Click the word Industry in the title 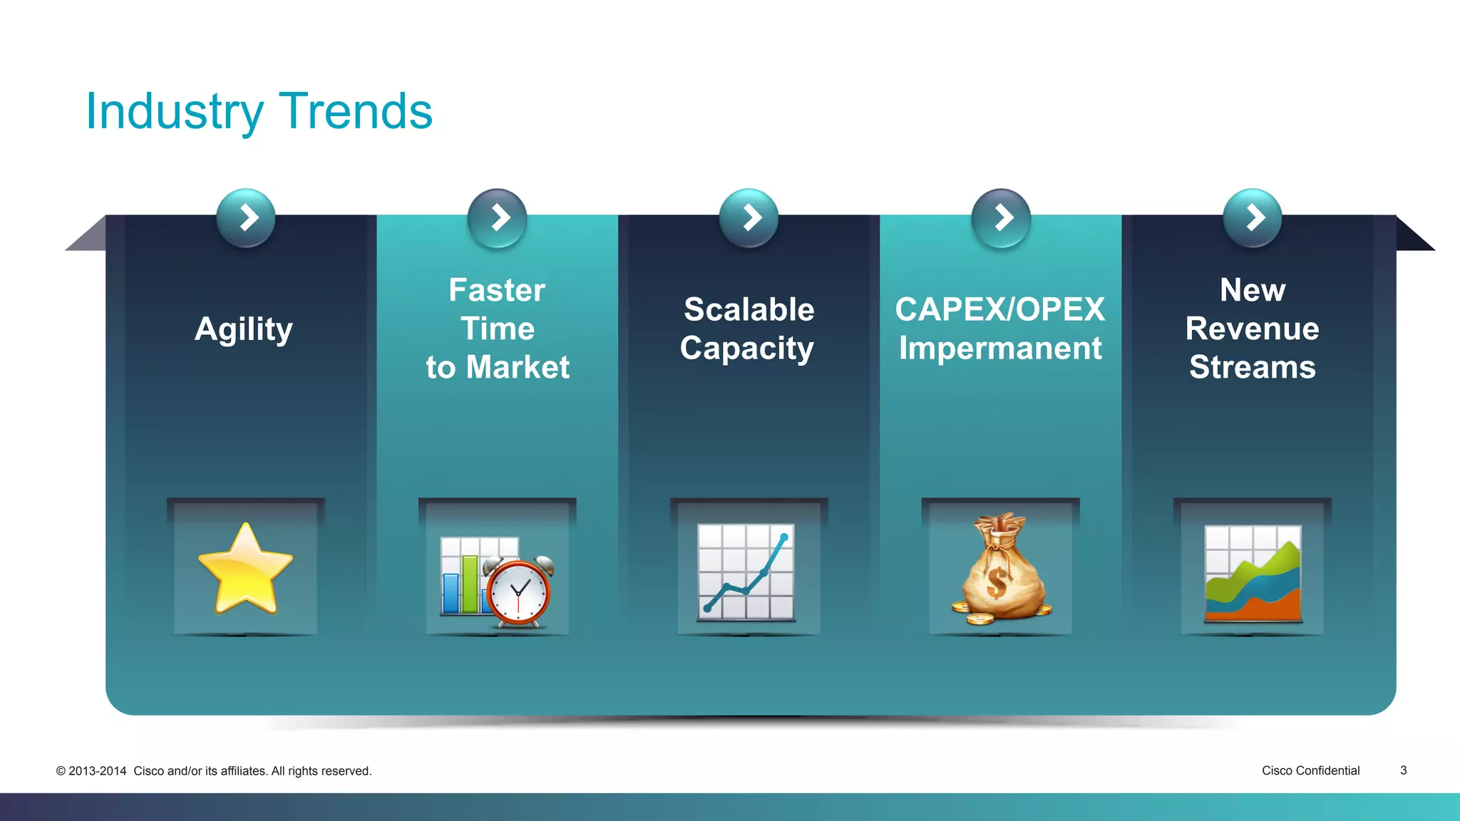(175, 112)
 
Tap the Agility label (244, 329)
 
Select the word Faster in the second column (497, 290)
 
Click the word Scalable (749, 309)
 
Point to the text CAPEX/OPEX (999, 309)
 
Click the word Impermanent (999, 348)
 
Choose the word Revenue (1252, 329)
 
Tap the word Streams (1252, 367)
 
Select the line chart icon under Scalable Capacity (746, 572)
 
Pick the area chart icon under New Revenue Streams (1253, 574)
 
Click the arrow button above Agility (246, 217)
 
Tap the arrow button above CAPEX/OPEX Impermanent (1001, 217)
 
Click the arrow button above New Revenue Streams (1253, 217)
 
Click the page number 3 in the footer (1403, 770)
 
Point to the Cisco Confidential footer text (1310, 770)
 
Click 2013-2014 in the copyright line (98, 771)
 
